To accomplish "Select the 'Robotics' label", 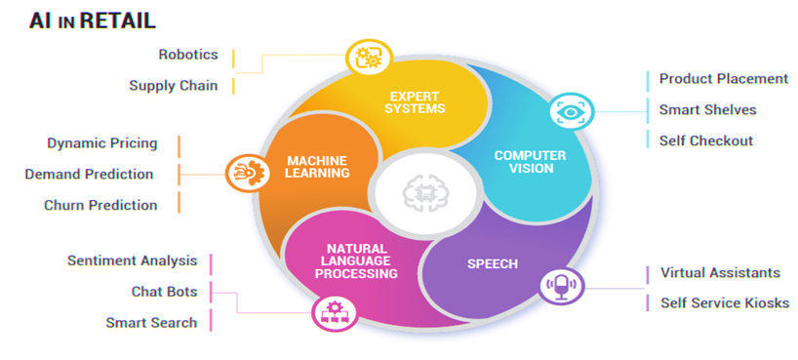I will click(x=188, y=55).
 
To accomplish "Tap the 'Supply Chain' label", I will click(x=174, y=86).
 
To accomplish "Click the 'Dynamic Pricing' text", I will click(x=102, y=143).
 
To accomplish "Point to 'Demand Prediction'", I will click(x=89, y=174).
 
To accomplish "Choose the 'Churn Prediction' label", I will click(x=100, y=205).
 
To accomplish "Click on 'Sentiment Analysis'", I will click(x=133, y=260).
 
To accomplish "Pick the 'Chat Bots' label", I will click(x=164, y=291).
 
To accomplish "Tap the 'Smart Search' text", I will click(x=151, y=322).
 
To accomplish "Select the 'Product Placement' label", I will click(x=724, y=79).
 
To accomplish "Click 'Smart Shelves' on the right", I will click(x=707, y=109).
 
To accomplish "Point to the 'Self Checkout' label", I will click(x=706, y=140).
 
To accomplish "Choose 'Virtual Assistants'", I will click(x=720, y=272).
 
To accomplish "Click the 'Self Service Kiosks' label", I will click(x=725, y=303).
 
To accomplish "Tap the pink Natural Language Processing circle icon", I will click(x=328, y=313).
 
